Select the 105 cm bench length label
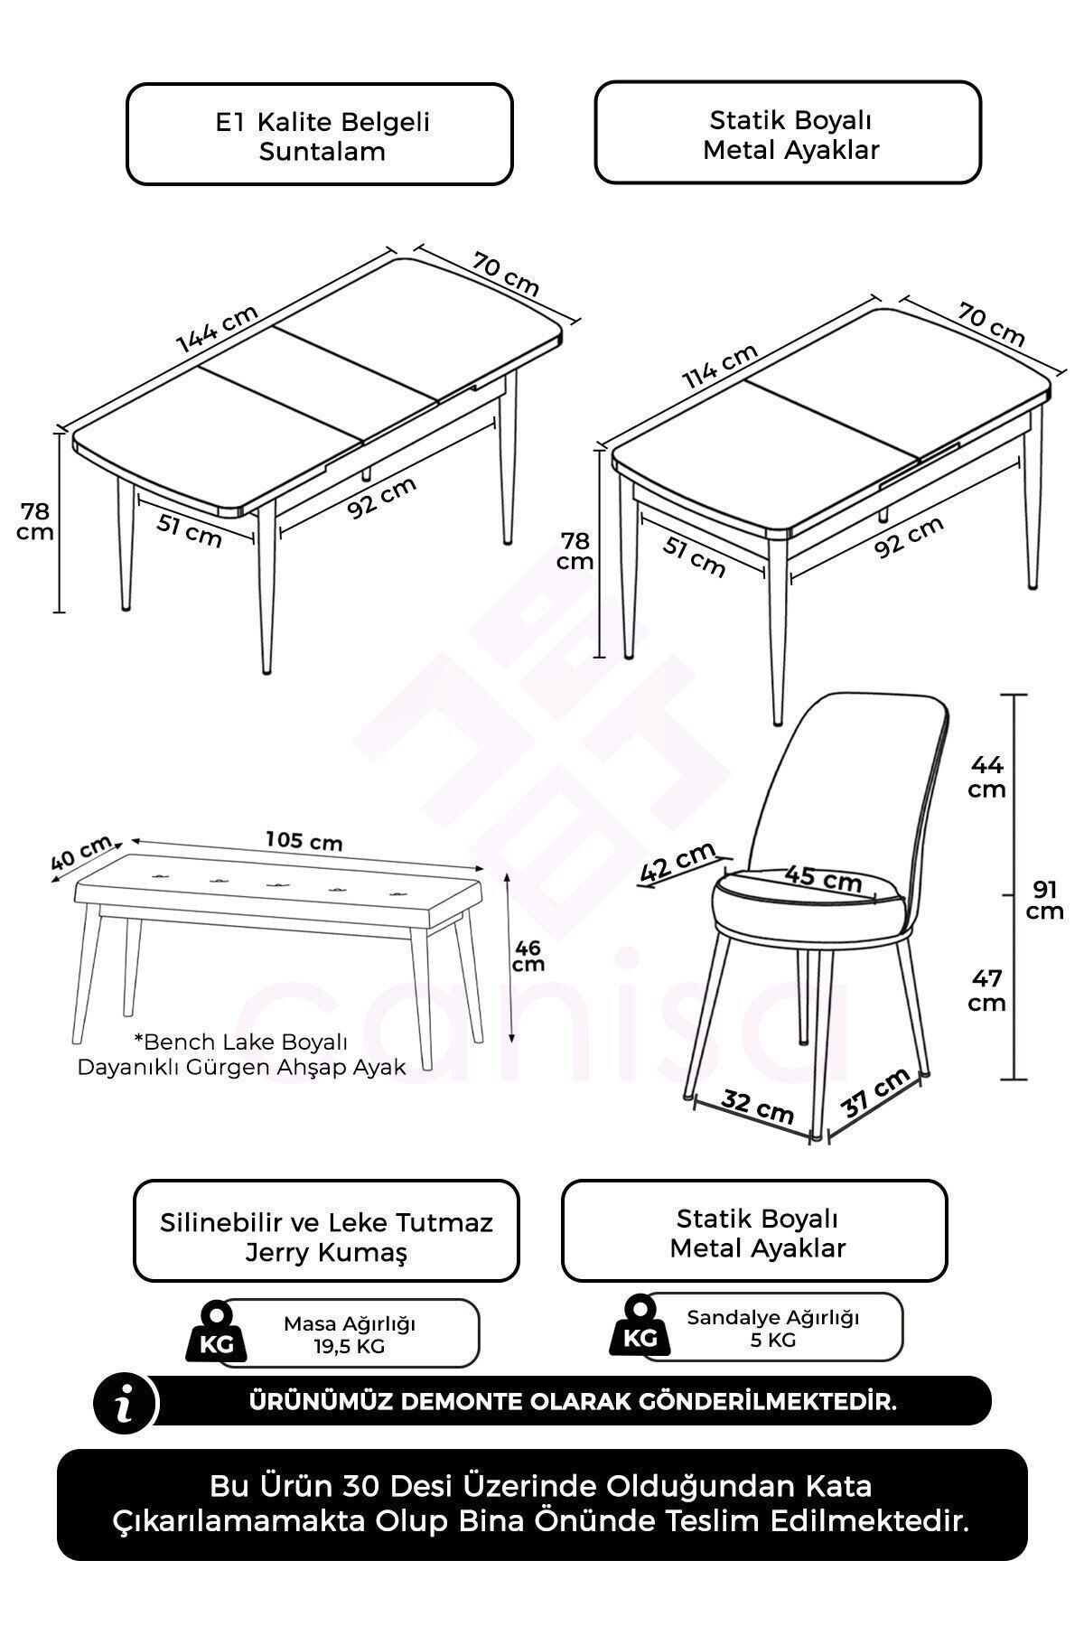(x=304, y=841)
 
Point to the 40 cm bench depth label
(x=80, y=852)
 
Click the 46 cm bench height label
(x=528, y=955)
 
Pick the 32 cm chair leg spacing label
(x=757, y=1105)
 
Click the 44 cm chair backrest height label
(x=987, y=777)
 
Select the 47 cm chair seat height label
(x=987, y=991)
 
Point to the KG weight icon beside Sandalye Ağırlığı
(x=640, y=1325)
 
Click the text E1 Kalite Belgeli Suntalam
(x=322, y=135)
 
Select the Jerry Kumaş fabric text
(x=326, y=1253)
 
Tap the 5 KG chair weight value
(x=772, y=1340)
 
